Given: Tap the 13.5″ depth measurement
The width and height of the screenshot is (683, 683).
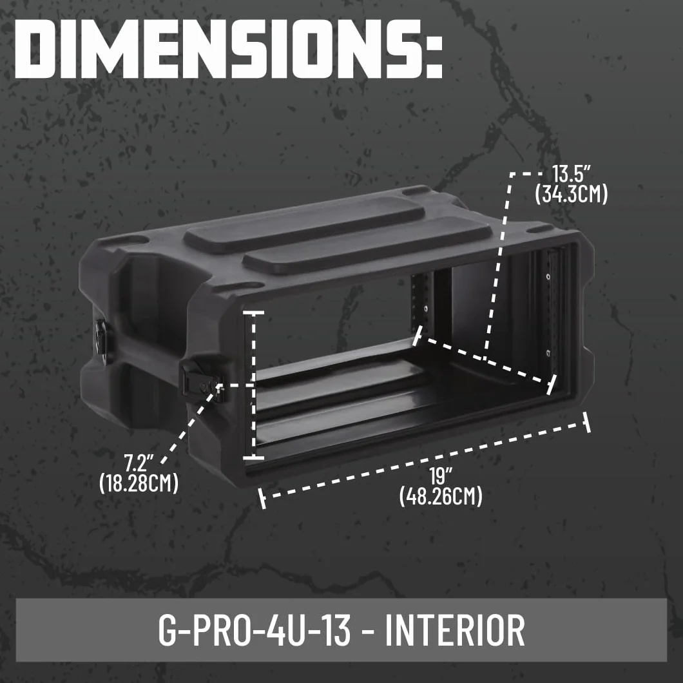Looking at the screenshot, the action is (571, 174).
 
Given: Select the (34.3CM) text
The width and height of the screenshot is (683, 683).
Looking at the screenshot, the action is (571, 195).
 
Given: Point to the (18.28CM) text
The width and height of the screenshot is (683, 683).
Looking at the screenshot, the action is (139, 483).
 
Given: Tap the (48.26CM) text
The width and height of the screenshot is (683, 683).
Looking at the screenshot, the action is (440, 496).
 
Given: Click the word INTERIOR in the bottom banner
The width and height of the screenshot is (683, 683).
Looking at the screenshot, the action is (455, 630).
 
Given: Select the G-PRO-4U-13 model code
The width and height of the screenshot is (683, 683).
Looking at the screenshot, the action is (255, 630).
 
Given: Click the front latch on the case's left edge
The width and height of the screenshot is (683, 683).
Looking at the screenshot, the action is (203, 380).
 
